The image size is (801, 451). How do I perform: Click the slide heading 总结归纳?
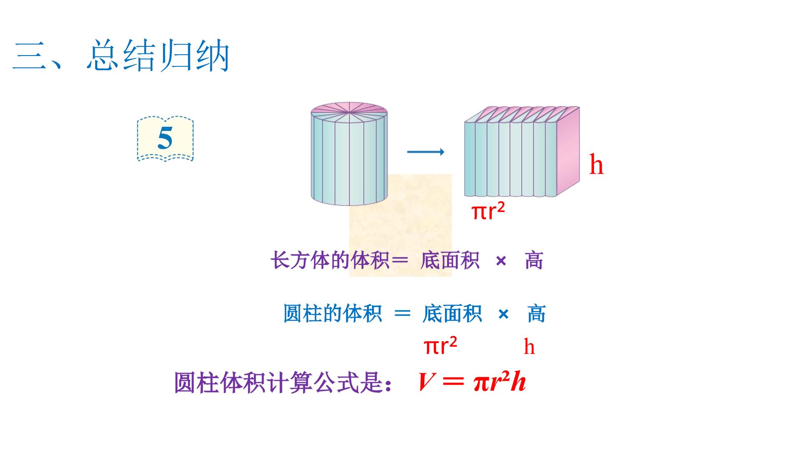[x=159, y=56]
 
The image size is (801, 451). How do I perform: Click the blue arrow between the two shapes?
[x=426, y=152]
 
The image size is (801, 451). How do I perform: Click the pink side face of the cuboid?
[x=568, y=151]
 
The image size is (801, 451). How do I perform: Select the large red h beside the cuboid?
[x=597, y=165]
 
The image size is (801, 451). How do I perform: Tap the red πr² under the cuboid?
[x=488, y=211]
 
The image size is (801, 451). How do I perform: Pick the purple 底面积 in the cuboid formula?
[x=450, y=261]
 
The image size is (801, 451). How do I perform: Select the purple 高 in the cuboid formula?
[x=534, y=261]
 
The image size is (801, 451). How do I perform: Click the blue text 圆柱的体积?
[x=332, y=313]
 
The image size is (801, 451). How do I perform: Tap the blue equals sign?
[x=403, y=313]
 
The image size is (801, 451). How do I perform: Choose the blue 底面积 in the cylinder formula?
[x=452, y=313]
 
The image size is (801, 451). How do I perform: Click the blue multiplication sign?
[x=504, y=314]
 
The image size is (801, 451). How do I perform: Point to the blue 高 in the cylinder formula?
[x=537, y=313]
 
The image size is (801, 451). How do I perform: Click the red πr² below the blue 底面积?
[x=441, y=346]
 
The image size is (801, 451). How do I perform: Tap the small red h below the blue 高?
[x=529, y=347]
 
